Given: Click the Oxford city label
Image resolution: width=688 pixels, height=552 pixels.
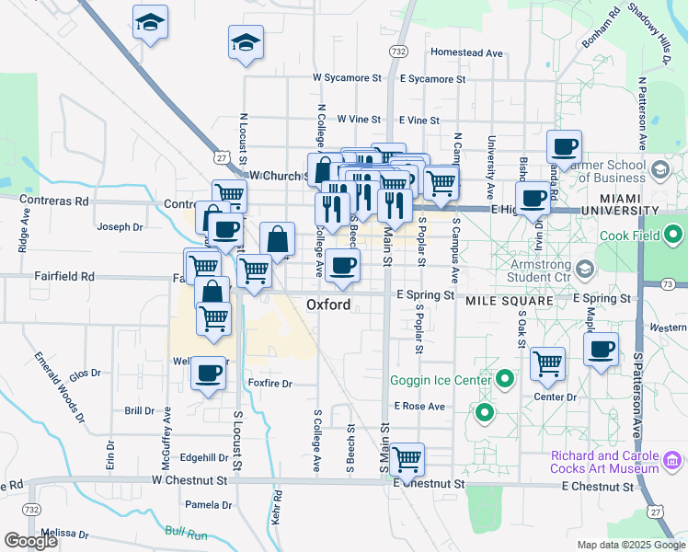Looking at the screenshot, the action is click(328, 305).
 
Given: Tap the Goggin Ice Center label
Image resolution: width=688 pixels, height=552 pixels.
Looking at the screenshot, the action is click(439, 379).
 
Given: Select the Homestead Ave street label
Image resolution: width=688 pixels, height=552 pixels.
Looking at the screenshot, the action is click(466, 53).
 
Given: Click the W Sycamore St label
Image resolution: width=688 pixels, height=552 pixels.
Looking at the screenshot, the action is click(347, 79).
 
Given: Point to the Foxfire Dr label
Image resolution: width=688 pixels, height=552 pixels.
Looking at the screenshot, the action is click(269, 384).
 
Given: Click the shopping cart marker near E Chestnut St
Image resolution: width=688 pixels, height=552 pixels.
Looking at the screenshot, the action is click(407, 459).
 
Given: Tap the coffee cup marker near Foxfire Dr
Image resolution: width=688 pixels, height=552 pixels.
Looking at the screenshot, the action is click(208, 374).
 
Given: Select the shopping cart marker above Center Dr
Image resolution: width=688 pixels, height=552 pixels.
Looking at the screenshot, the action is click(548, 364).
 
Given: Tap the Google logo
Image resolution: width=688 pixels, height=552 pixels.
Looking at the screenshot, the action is click(30, 541).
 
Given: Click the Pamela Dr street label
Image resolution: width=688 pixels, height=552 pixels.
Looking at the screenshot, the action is click(209, 505).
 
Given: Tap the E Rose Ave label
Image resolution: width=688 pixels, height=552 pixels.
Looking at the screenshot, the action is click(419, 406).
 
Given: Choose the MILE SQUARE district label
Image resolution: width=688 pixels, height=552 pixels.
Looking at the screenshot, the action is click(509, 301).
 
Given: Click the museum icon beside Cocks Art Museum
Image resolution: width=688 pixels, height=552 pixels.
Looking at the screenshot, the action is click(671, 458).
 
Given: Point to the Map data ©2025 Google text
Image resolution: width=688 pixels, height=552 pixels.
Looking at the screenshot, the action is click(630, 545).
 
